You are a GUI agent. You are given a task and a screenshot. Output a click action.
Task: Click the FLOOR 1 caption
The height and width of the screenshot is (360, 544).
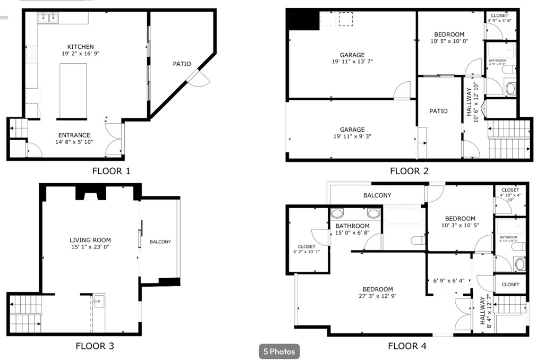point(111,171)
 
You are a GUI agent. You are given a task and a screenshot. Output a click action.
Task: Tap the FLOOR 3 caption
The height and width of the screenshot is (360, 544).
point(95,346)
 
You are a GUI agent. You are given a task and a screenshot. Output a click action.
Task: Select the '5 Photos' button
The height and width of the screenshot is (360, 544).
point(279,351)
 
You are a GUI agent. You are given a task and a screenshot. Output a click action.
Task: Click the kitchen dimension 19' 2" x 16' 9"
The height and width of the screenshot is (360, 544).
point(80,54)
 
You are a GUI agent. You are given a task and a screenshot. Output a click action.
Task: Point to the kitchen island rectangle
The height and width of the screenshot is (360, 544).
point(73,91)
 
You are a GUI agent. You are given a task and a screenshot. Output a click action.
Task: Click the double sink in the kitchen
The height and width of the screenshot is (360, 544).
point(48,18)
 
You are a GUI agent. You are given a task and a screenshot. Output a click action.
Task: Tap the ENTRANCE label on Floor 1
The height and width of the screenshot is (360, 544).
point(74,135)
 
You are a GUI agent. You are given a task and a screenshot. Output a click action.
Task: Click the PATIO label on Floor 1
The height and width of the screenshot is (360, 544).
point(182,64)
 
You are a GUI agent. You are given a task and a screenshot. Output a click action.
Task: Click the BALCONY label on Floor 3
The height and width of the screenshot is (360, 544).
point(160,242)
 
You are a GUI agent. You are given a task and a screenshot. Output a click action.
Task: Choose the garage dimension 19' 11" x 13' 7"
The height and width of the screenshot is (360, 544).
point(352,62)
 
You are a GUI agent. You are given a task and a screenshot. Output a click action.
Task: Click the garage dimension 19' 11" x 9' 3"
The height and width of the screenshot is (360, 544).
point(352,136)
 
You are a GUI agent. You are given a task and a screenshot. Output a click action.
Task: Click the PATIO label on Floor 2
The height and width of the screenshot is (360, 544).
point(438,111)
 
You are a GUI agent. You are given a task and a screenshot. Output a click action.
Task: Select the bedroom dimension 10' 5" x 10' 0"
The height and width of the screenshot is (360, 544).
point(449,41)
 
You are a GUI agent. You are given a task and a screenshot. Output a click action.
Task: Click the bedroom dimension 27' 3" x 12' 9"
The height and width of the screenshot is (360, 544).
point(378,296)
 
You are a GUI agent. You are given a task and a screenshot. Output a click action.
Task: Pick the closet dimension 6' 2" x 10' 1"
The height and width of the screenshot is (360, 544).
point(307,252)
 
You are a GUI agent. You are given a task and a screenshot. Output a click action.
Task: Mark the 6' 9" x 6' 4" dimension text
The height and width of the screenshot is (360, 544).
point(449,280)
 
